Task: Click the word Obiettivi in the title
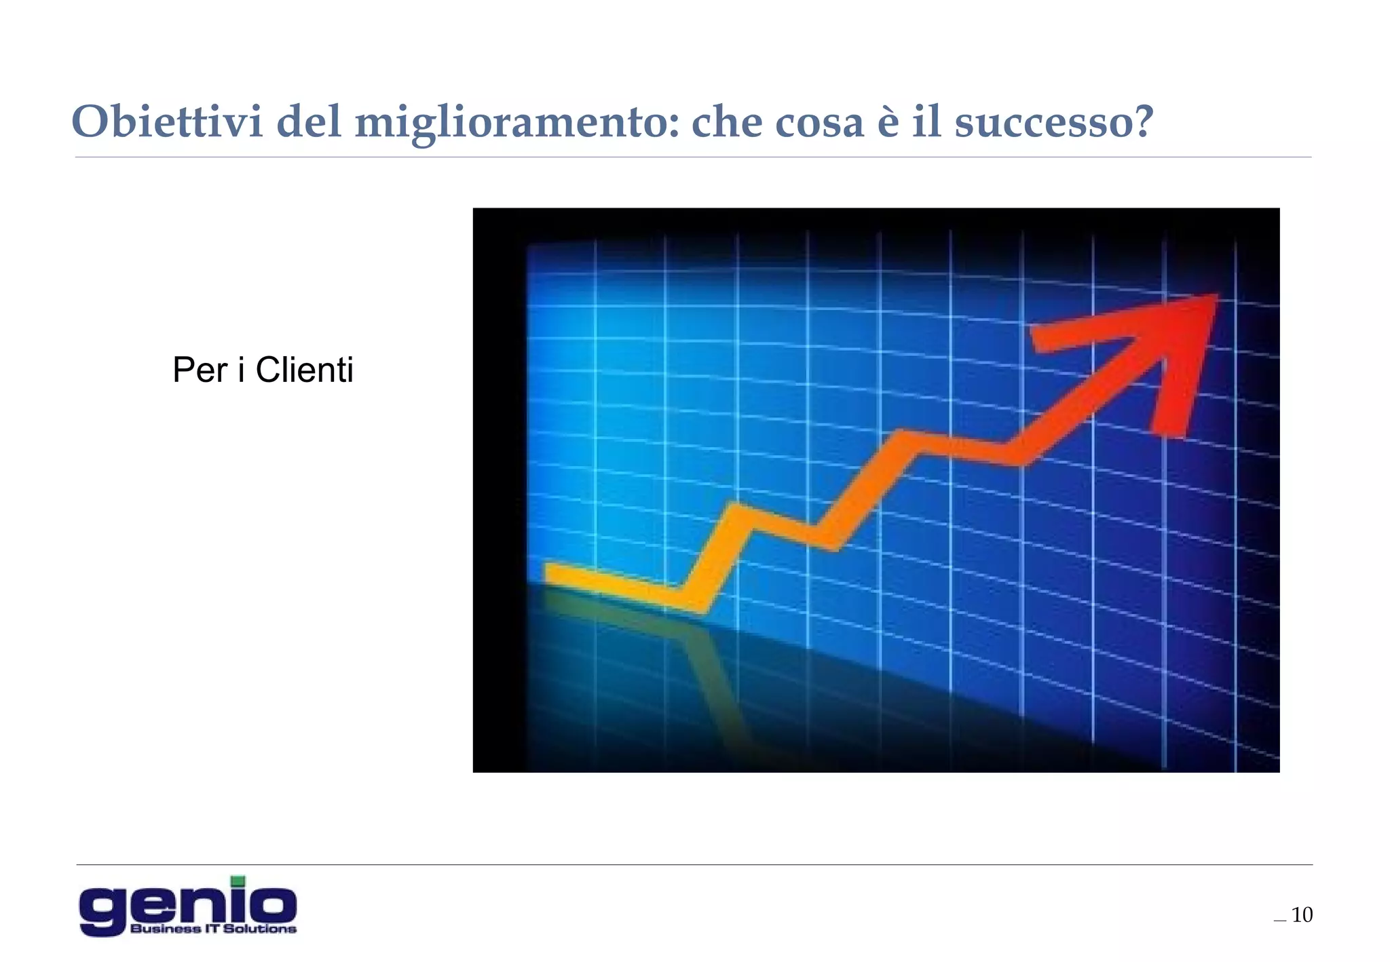167,122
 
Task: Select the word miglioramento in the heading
516,123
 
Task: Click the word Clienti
304,370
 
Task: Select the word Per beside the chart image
200,370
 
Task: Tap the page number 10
1302,915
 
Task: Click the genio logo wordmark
187,905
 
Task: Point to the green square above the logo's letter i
238,881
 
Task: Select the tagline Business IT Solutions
213,929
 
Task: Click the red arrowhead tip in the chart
1212,299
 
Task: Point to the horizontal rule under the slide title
692,157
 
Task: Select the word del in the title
309,122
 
